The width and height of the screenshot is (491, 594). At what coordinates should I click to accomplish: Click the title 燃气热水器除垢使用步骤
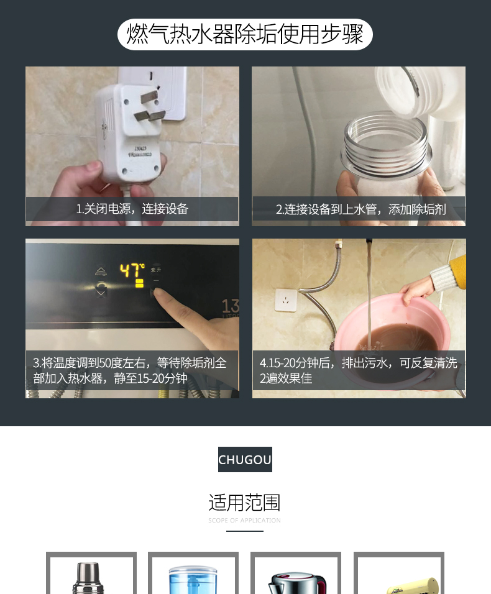click(245, 34)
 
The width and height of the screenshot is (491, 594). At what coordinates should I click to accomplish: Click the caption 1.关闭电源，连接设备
click(132, 209)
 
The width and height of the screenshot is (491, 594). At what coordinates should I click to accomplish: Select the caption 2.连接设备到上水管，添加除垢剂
click(360, 209)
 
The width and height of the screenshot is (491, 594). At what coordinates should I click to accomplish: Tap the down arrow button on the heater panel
click(101, 293)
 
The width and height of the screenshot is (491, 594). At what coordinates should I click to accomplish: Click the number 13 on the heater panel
click(230, 306)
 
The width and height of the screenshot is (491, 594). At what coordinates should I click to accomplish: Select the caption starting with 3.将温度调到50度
click(129, 370)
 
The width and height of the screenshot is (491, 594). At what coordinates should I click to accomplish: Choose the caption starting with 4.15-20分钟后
click(359, 370)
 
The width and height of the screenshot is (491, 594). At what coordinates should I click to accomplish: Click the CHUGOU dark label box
click(245, 460)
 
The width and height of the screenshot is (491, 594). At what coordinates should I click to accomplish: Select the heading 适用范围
click(245, 503)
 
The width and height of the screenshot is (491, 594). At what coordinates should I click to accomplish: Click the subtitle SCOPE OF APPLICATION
click(245, 521)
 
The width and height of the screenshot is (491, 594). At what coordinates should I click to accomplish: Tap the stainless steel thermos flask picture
click(88, 578)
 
